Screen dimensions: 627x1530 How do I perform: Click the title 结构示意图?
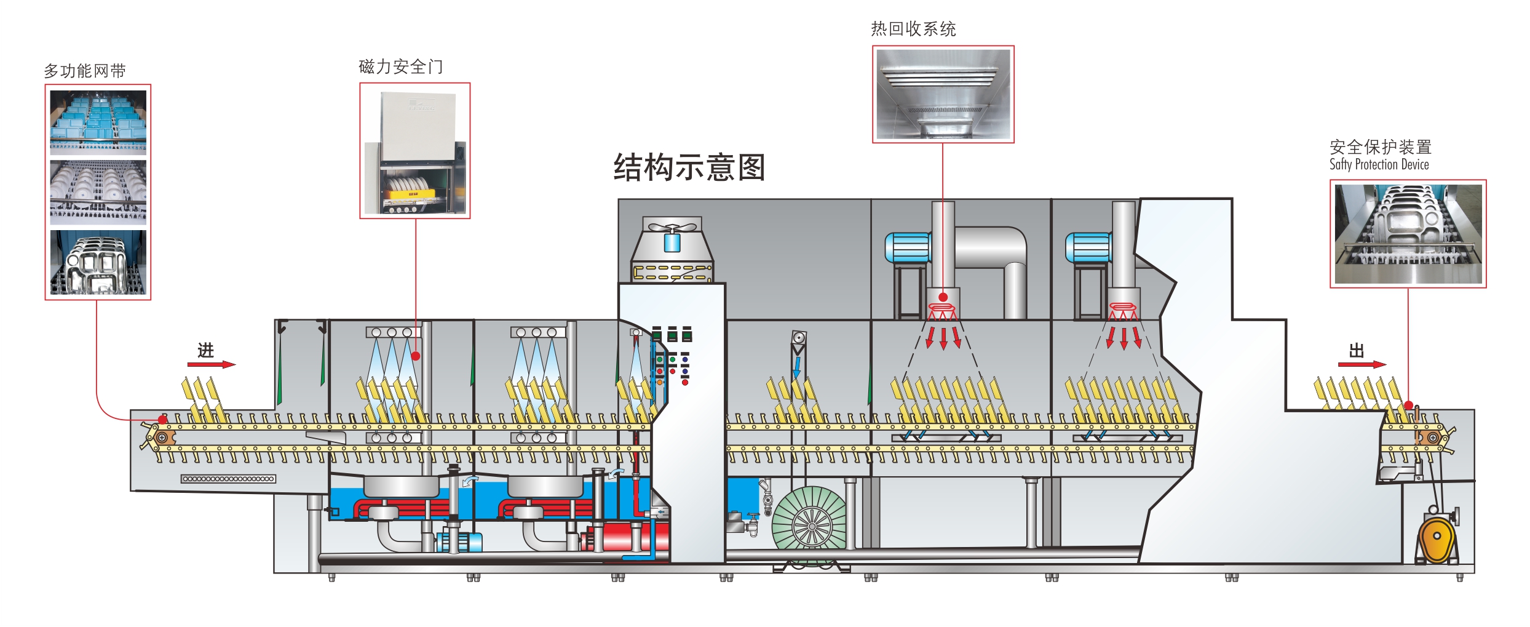click(x=689, y=167)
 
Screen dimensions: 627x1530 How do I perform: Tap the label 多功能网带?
click(x=85, y=71)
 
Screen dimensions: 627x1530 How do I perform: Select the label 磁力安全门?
click(x=400, y=66)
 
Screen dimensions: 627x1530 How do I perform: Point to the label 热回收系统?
click(x=913, y=29)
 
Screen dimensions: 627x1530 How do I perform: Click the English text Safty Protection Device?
click(x=1379, y=164)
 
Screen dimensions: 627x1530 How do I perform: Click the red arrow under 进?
click(x=211, y=364)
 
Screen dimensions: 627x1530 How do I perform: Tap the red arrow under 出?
click(x=1362, y=364)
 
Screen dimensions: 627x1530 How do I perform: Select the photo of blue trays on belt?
click(x=98, y=121)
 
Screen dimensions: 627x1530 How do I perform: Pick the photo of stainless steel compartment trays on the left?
click(x=98, y=263)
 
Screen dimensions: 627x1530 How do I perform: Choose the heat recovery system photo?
click(x=943, y=94)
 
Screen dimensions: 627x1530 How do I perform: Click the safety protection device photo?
click(x=1408, y=234)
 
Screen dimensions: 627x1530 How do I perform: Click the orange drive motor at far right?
click(x=1437, y=538)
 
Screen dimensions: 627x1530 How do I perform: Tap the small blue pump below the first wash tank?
click(x=460, y=542)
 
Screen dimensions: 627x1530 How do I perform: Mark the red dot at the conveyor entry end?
click(x=162, y=419)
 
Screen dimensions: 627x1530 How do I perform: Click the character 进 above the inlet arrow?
click(x=205, y=350)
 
